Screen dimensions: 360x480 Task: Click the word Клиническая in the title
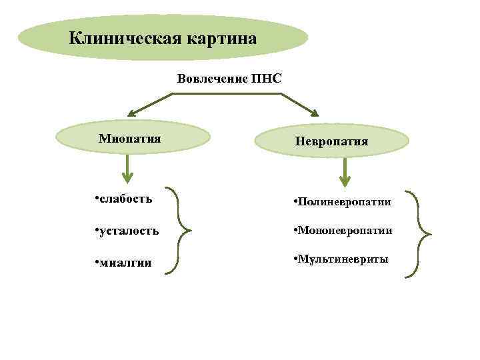117,37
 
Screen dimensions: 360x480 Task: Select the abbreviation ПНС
267,79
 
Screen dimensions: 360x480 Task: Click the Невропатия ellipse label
332,141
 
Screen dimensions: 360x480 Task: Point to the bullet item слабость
126,198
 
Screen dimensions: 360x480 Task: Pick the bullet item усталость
129,231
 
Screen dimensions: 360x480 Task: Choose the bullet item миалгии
127,263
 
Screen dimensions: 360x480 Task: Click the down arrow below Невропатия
345,174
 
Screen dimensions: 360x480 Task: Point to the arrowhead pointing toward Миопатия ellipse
133,113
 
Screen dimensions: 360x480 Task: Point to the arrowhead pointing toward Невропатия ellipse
313,113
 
